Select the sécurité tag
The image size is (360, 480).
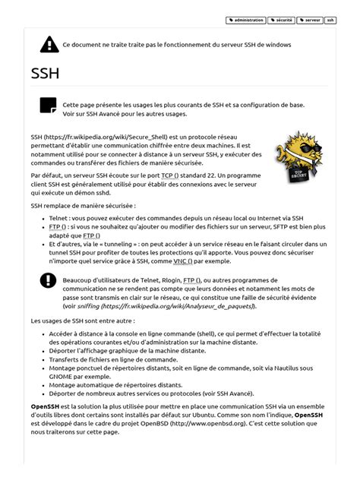pos(281,20)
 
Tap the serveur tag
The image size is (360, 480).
pos(309,20)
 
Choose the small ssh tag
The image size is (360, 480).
pos(330,20)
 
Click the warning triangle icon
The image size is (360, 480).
pos(49,44)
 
